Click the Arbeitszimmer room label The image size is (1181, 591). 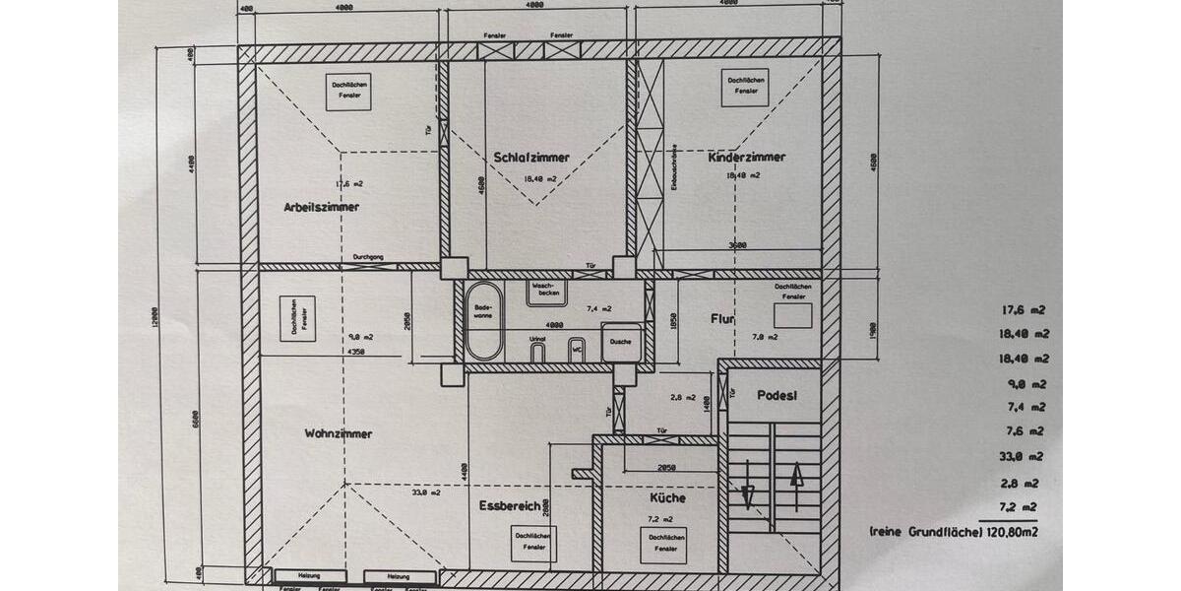321,207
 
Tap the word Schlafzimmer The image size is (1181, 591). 531,158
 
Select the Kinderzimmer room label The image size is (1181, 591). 747,157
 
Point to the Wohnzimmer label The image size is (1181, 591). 339,433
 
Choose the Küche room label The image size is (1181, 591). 667,497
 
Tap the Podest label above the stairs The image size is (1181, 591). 777,394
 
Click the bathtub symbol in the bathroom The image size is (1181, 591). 482,321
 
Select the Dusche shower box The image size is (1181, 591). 621,342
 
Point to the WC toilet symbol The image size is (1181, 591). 578,349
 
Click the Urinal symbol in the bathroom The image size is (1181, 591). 537,351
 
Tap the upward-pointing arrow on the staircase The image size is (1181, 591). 797,484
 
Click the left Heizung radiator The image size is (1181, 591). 310,576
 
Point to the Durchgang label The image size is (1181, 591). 368,258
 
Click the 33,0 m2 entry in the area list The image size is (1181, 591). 1018,457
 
